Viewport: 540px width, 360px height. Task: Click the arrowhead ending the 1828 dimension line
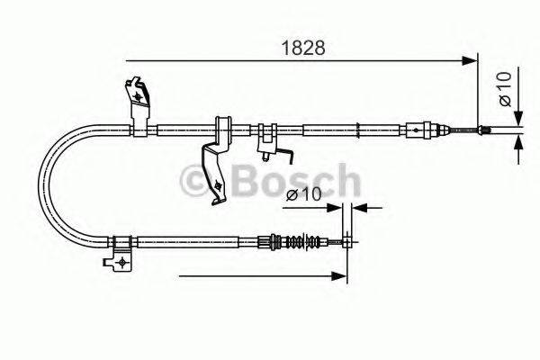coord(470,61)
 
